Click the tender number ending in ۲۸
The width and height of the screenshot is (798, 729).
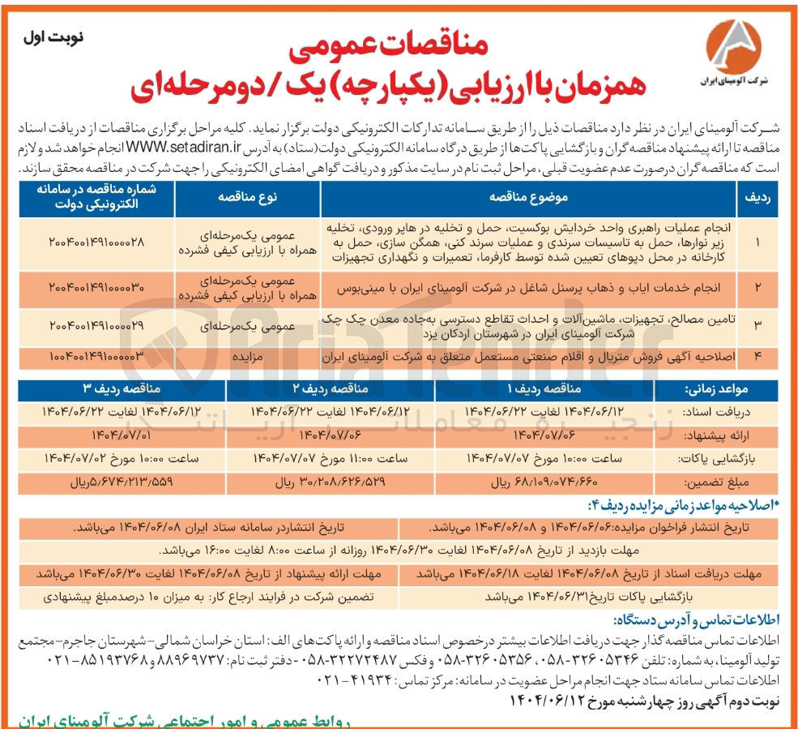coord(96,242)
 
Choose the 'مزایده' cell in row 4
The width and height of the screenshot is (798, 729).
coord(246,356)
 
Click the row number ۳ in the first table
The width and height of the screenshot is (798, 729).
coord(757,324)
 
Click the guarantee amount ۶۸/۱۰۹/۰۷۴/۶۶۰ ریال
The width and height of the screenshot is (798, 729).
coord(537,481)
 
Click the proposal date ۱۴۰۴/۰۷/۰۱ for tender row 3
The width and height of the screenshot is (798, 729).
coord(104,435)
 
